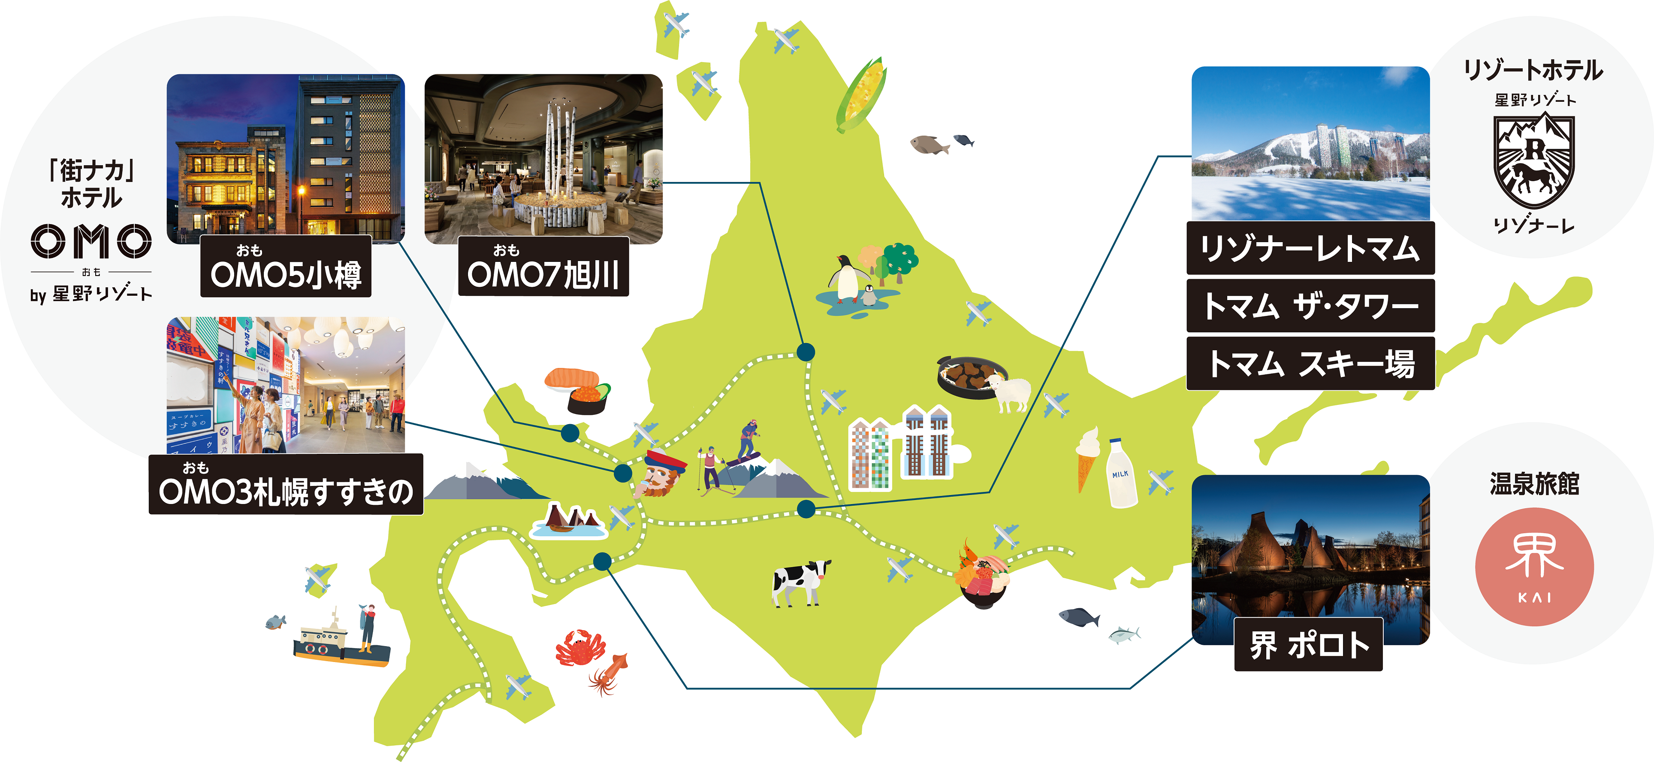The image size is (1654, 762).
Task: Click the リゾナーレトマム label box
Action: click(x=1310, y=248)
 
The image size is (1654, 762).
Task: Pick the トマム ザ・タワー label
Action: click(x=1310, y=305)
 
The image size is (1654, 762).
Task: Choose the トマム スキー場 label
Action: click(x=1310, y=363)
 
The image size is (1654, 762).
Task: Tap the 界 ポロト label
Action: click(x=1308, y=644)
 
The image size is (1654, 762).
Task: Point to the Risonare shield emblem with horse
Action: click(x=1533, y=161)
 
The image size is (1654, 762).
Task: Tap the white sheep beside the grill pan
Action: click(x=1011, y=392)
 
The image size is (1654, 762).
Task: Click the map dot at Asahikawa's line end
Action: click(x=805, y=352)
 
